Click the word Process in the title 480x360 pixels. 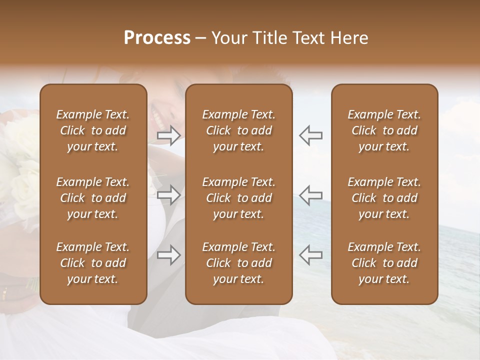pos(157,38)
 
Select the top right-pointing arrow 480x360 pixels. pos(169,135)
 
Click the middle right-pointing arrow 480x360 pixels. pos(169,195)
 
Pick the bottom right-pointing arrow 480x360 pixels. pos(169,255)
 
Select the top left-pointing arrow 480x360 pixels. pos(310,135)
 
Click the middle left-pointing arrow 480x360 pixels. pos(310,195)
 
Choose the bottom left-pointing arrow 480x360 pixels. pos(310,255)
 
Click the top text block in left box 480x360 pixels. pos(93,130)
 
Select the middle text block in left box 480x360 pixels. pos(93,198)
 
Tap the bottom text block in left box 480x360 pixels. pos(93,263)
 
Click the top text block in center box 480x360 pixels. pos(238,130)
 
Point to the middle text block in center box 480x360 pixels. pos(238,198)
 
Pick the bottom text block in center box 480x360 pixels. pos(238,263)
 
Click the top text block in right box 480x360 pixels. pos(384,130)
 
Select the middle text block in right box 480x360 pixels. pos(384,198)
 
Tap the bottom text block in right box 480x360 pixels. pos(384,263)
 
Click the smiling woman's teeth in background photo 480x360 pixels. pos(158,119)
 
